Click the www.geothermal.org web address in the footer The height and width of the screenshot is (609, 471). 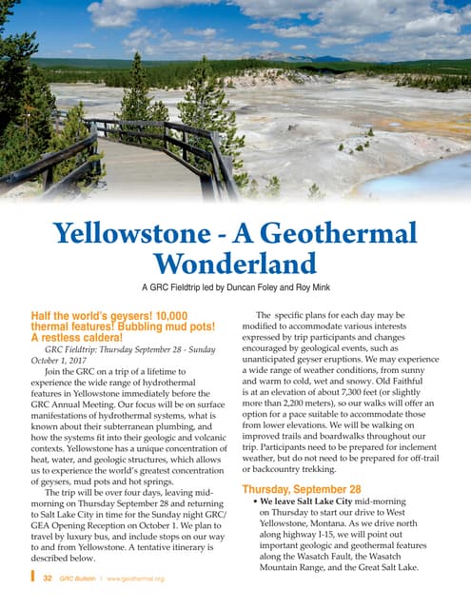pos(135,578)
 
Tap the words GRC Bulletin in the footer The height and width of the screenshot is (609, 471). pos(80,578)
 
